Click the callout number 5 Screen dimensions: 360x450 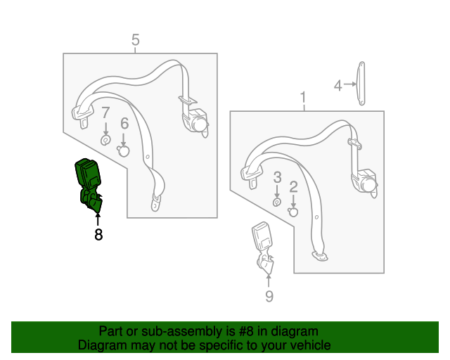coord(136,40)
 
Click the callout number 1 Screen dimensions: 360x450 coord(304,96)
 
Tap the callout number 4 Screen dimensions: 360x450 coord(337,86)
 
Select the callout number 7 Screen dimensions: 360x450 coord(105,112)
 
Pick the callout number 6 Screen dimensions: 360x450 coord(124,123)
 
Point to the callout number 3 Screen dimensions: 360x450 coord(277,176)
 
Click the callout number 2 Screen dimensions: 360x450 coord(293,186)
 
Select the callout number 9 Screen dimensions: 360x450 coord(269,297)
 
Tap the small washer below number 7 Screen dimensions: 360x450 coord(105,140)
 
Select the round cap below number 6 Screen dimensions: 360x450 coord(124,150)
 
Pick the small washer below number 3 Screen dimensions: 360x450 coord(277,202)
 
